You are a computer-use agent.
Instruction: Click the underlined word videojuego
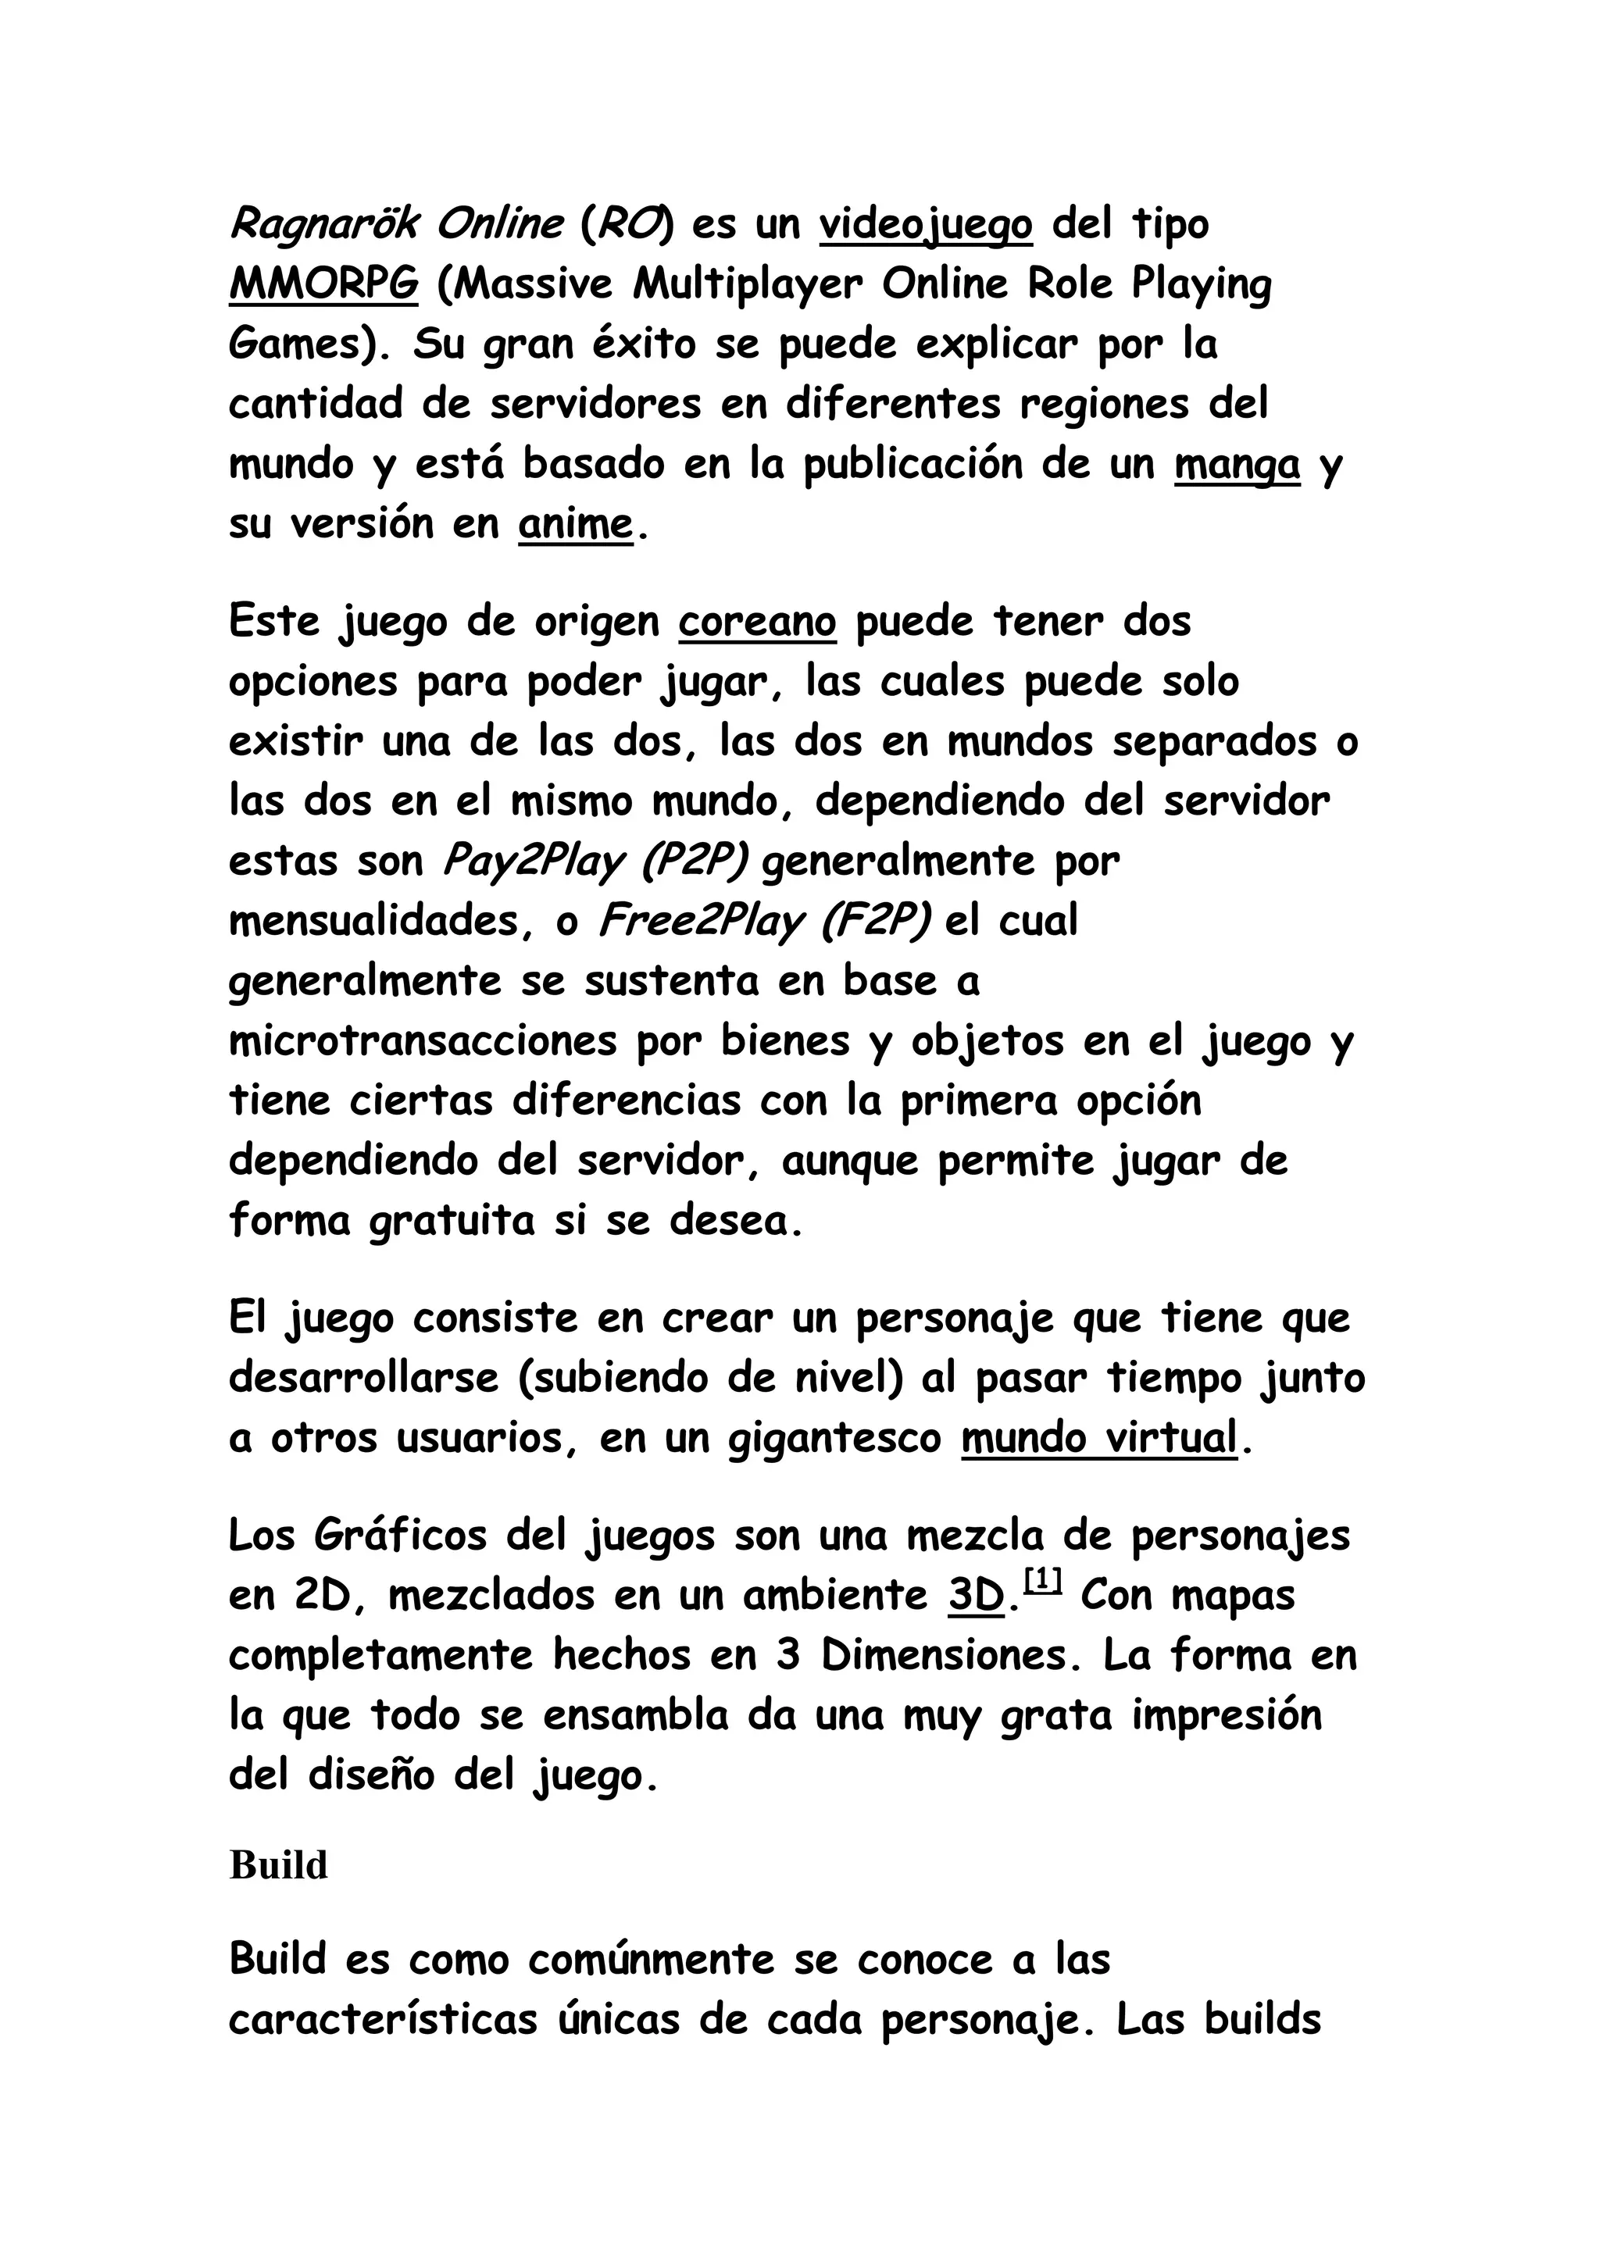(x=925, y=226)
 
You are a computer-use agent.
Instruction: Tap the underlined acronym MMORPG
(x=323, y=286)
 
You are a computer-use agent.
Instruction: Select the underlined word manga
(x=1237, y=465)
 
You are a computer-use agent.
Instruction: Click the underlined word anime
(x=575, y=524)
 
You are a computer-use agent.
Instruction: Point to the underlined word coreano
(x=757, y=623)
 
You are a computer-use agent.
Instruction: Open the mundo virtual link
(x=1098, y=1439)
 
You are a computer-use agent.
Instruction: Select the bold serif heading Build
(x=279, y=1865)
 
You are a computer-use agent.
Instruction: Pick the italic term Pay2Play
(x=533, y=862)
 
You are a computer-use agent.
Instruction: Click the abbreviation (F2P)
(x=874, y=922)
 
